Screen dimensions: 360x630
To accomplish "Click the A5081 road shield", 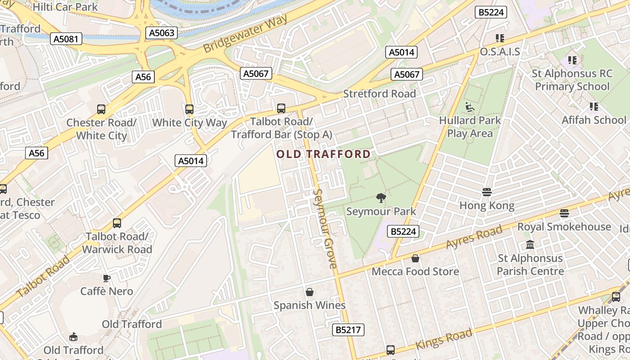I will (66, 39).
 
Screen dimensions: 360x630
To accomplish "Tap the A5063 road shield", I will (162, 33).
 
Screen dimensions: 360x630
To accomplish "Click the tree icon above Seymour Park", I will (381, 198).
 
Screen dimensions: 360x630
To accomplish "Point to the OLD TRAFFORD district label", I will (324, 154).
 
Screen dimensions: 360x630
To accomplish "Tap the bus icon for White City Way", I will (189, 109).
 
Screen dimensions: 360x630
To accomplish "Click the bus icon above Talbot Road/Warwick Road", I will (117, 223).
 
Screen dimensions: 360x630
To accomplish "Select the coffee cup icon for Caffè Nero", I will (107, 278).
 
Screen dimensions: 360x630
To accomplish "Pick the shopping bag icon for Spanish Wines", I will (310, 292).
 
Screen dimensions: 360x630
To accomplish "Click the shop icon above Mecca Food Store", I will (415, 258).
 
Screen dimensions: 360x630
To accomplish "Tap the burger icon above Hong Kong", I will (486, 192).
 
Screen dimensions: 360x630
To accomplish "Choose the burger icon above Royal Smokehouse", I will (564, 213).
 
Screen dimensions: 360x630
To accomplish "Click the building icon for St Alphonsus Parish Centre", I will (530, 245).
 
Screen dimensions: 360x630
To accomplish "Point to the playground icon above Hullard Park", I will (470, 107).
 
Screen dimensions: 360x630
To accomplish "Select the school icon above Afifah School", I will (594, 107).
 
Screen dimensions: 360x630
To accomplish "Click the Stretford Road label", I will (379, 94).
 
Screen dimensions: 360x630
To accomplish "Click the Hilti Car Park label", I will (65, 7).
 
